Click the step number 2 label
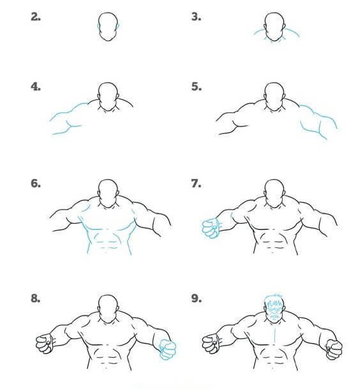(36, 17)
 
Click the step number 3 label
(197, 17)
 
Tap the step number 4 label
(36, 86)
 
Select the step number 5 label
(197, 86)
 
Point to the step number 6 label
(36, 184)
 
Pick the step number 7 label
(197, 184)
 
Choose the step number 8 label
(36, 299)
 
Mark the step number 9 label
(197, 299)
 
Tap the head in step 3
(274, 27)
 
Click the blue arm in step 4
(67, 118)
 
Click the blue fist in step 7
(209, 227)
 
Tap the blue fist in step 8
(167, 349)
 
